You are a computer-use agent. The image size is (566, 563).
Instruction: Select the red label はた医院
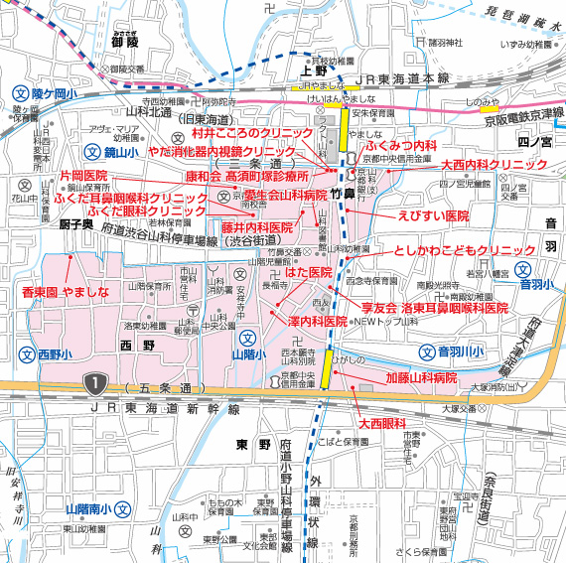(309, 272)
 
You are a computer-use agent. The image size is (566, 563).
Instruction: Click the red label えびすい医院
(433, 215)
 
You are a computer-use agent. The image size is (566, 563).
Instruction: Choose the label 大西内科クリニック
(495, 164)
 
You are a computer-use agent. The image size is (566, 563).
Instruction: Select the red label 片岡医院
(84, 175)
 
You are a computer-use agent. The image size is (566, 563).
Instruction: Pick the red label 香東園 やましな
(55, 293)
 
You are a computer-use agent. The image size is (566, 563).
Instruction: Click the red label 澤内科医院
(317, 322)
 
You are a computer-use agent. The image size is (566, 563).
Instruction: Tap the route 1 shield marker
(94, 381)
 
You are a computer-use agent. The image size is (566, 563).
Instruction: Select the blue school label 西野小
(49, 354)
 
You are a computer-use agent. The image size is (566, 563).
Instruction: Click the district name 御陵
(125, 43)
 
